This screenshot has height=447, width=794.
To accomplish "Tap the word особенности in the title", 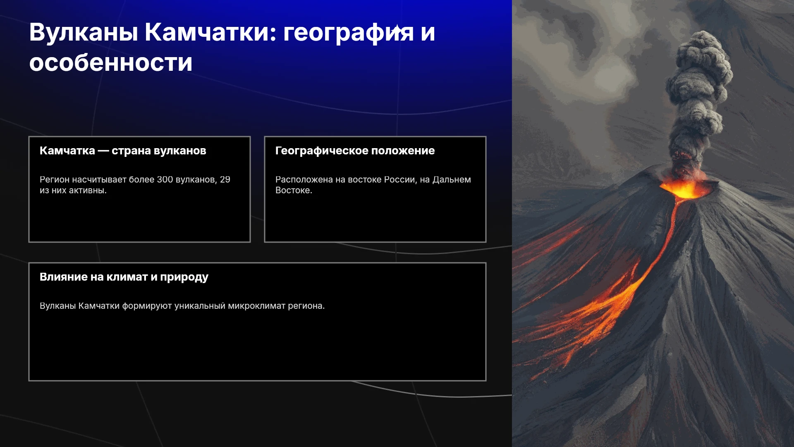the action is (111, 63).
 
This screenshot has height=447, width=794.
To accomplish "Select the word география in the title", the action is (348, 33).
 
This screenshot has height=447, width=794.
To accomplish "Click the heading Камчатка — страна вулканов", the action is (123, 151).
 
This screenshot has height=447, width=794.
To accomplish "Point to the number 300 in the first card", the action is (165, 180).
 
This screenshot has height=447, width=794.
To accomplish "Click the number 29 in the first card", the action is (225, 180).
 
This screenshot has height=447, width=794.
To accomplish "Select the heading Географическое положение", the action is (355, 151).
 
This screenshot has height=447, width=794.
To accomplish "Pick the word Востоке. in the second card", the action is (294, 190).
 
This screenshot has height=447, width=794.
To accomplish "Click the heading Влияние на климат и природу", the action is (124, 277).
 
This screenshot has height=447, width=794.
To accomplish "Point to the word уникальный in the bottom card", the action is (200, 306).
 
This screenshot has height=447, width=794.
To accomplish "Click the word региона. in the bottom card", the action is (306, 306).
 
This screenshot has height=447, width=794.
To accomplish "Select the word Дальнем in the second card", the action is (452, 180).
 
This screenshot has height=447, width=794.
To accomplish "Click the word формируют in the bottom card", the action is (147, 306).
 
